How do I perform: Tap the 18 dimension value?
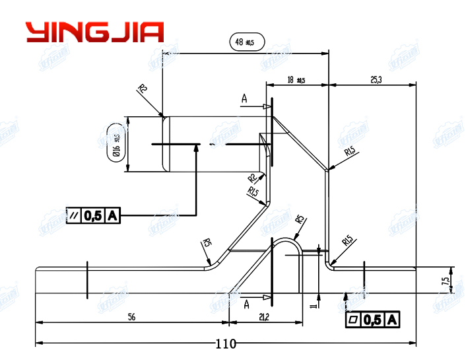pos(290,80)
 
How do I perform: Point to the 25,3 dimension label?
pos(376,79)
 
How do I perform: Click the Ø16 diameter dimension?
pos(115,145)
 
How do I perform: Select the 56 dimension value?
pos(131,317)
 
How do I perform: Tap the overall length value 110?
pos(226,343)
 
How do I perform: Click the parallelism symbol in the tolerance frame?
pos(75,215)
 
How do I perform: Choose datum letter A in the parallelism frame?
pos(113,215)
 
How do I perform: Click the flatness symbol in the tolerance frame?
pos(353,320)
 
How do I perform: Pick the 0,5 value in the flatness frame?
pos(373,320)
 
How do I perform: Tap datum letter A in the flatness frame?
pos(392,320)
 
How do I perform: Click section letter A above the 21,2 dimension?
pos(246,304)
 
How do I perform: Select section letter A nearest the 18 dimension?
pos(244,99)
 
